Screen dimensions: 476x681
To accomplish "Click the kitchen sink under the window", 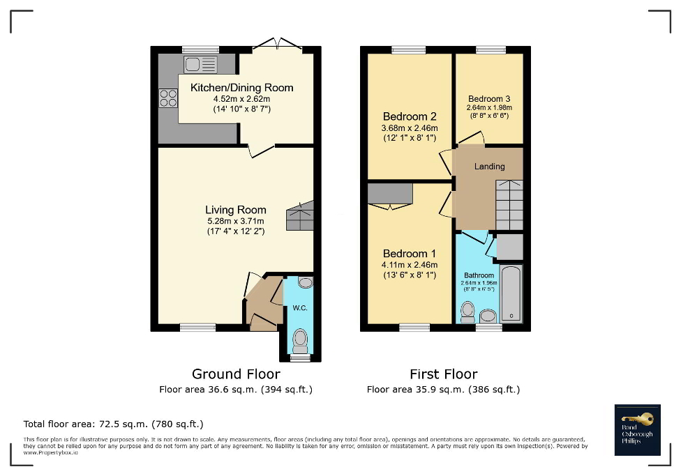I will tap(200, 65).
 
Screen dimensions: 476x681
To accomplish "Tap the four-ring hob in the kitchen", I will tap(168, 98).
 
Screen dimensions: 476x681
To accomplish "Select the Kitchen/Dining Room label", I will tap(241, 88).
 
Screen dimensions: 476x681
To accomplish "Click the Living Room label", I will tap(235, 210).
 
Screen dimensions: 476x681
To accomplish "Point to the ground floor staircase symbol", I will tap(300, 216).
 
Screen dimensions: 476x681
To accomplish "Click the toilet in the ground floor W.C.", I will tap(301, 341).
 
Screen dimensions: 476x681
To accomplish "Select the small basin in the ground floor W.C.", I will tap(305, 282).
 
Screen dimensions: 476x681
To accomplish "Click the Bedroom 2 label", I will tap(410, 116).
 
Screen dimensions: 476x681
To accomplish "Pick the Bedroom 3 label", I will tap(489, 98).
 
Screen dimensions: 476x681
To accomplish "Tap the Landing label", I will tap(489, 167).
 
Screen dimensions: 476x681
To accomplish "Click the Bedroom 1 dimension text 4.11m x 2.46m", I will tap(410, 265).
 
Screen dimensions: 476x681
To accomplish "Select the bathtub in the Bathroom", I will tap(511, 293).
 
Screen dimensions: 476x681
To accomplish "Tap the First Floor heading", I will tap(443, 374).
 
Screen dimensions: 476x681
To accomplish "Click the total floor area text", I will tap(113, 424).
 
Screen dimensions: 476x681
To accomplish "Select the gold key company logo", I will tap(637, 430).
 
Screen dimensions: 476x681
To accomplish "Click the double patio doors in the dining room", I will tap(277, 45).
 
